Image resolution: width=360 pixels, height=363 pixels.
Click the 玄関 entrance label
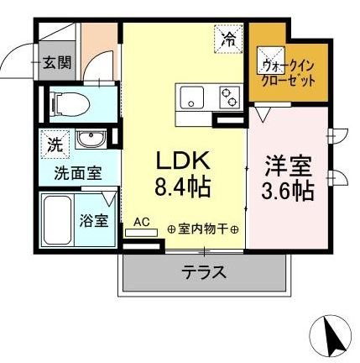(x=57, y=62)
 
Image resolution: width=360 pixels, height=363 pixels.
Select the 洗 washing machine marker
(x=55, y=144)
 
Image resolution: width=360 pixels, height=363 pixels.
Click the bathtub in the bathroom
(x=56, y=219)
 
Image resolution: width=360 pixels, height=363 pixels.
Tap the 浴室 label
(x=94, y=222)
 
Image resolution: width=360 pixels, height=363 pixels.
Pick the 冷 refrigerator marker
(x=228, y=37)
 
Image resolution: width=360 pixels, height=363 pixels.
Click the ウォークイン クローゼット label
(x=288, y=72)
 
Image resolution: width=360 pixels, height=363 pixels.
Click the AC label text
(x=142, y=222)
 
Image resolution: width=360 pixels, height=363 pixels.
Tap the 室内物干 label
(x=202, y=228)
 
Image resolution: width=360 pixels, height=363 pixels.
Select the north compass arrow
(x=331, y=335)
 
